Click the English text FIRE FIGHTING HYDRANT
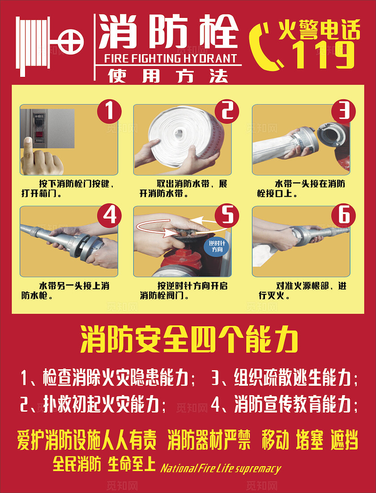[170, 59]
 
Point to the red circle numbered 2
[227, 111]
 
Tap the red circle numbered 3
[343, 111]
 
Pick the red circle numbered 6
[343, 215]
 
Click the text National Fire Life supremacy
[220, 468]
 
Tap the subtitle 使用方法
[168, 76]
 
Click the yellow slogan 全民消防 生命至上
[104, 464]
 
